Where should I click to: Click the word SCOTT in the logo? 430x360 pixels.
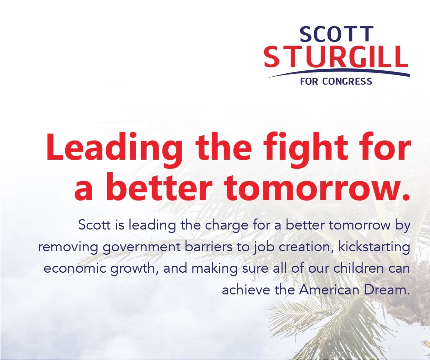337,34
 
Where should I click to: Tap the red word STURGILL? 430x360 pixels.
336,56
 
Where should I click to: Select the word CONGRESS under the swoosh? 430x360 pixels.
347,81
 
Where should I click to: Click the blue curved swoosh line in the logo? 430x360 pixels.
338,75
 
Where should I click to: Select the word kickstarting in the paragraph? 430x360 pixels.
373,247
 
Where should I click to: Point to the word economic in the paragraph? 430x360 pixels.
75,269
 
